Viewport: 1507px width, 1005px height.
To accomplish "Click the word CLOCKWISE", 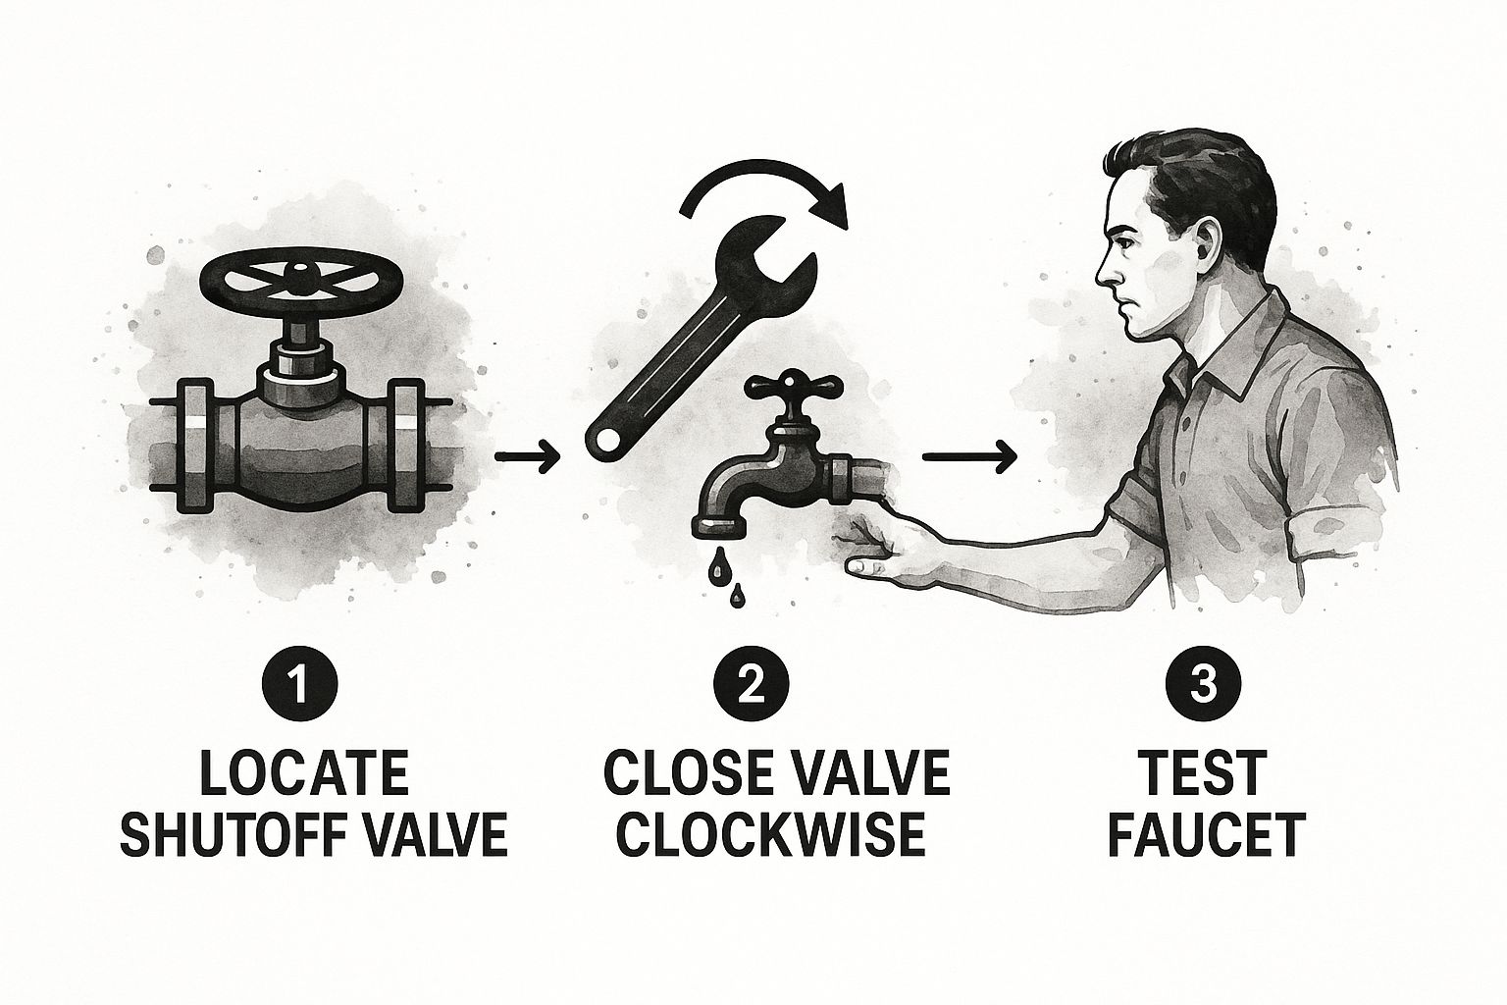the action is coord(770,835).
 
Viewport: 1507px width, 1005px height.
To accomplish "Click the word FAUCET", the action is coord(1206,835).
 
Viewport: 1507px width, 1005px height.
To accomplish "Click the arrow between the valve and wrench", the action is coord(528,456).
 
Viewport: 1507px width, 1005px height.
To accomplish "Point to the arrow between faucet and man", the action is coord(968,456).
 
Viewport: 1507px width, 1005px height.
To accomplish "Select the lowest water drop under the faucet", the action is coord(738,595).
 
